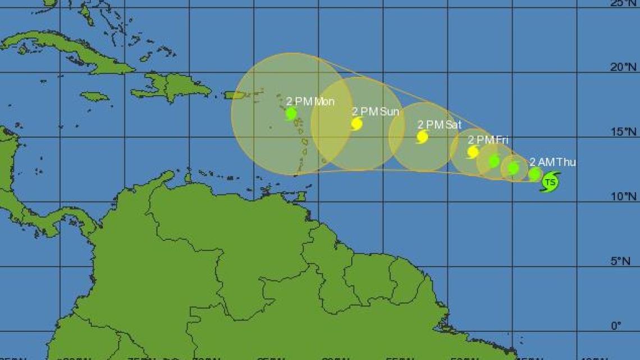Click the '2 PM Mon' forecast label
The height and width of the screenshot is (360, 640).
pos(310,102)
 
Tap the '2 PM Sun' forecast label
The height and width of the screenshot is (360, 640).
pos(376,112)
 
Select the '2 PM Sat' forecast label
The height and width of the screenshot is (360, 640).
pos(439,125)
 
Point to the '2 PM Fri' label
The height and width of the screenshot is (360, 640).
pos(488,139)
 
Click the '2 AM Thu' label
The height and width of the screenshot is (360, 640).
pos(552,162)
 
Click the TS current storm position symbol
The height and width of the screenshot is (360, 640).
pos(550,182)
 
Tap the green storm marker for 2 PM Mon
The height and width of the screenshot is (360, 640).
pos(291,114)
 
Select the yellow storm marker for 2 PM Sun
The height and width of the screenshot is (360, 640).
pos(356,124)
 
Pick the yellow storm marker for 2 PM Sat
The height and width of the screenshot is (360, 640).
pos(422,136)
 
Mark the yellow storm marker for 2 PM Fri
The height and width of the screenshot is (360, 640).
pos(473,152)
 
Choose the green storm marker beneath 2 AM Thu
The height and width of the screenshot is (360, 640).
pos(534,174)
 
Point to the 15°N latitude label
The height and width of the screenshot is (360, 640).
pos(623,132)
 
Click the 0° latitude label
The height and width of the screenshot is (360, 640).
pos(616,326)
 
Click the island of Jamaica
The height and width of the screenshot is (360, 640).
pos(94,97)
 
